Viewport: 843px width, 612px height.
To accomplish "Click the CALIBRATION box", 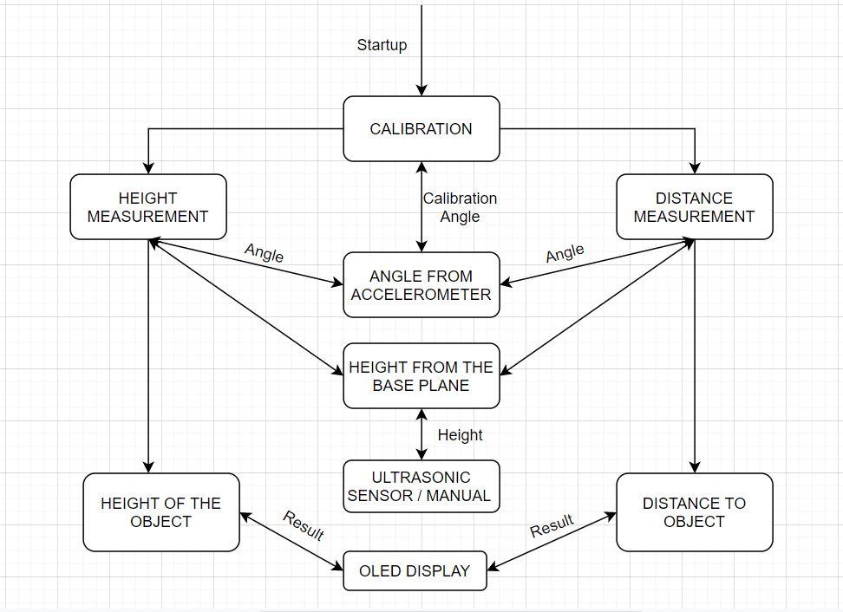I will click(x=421, y=129).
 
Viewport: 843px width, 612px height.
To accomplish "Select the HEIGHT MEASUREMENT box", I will click(x=148, y=207).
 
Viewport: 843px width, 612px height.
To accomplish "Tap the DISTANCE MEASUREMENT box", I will click(x=694, y=207).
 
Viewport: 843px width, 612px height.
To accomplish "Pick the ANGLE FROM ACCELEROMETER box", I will click(x=421, y=285).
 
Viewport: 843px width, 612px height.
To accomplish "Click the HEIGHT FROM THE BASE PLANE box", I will click(x=421, y=376).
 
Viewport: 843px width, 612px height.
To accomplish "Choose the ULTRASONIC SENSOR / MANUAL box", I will click(x=421, y=486).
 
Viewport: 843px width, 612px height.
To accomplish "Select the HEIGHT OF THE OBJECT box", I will click(x=161, y=512).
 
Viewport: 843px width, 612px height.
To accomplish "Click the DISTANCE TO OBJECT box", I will click(x=694, y=512).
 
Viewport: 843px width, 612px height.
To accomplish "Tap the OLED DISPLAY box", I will click(x=415, y=570).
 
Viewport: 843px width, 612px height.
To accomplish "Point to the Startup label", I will click(x=382, y=45).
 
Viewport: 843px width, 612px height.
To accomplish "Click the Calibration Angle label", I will click(x=460, y=207).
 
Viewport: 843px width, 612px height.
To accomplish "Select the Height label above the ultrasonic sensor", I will click(x=460, y=434).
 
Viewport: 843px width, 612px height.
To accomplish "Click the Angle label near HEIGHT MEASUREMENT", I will click(x=264, y=253).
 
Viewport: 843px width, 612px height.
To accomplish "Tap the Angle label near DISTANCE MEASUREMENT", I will click(x=565, y=253).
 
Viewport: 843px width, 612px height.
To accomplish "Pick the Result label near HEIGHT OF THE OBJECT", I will click(x=303, y=525).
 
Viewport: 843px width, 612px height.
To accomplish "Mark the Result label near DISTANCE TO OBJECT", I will click(x=552, y=525).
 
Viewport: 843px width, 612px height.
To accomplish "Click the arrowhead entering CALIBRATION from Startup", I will click(x=421, y=90).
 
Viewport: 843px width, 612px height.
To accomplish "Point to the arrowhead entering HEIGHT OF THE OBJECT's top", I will click(x=149, y=467).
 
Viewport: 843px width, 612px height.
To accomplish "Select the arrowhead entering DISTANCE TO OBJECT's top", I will click(x=694, y=467).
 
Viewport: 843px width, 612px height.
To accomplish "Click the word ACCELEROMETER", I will click(x=421, y=295).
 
